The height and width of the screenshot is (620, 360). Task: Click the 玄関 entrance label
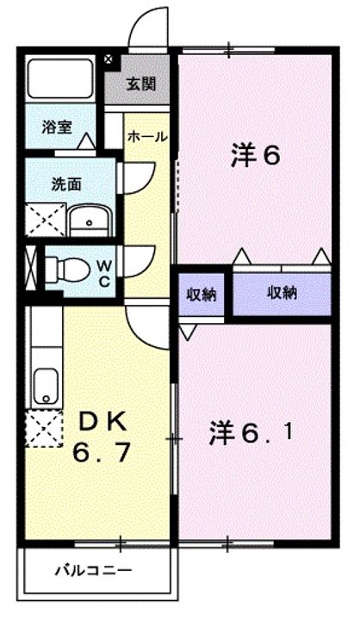pyautogui.click(x=141, y=84)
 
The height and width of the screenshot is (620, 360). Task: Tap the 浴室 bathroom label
pyautogui.click(x=57, y=127)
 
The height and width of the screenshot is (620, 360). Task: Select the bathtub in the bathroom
pyautogui.click(x=60, y=78)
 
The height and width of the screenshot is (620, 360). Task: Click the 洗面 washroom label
pyautogui.click(x=66, y=184)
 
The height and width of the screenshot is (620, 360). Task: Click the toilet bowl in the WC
pyautogui.click(x=66, y=270)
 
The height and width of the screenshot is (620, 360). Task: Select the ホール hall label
pyautogui.click(x=147, y=137)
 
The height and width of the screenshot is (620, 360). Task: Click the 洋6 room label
pyautogui.click(x=256, y=155)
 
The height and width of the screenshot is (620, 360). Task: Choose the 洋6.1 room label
pyautogui.click(x=251, y=433)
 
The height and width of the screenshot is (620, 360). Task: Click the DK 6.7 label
pyautogui.click(x=102, y=436)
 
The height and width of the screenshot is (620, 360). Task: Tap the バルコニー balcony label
pyautogui.click(x=92, y=571)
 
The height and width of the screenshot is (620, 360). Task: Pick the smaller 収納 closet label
pyautogui.click(x=202, y=294)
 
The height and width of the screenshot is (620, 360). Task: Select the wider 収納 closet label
pyautogui.click(x=282, y=293)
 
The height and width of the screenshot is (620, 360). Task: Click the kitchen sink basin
pyautogui.click(x=47, y=387)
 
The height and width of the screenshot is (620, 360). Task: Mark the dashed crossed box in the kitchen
pyautogui.click(x=44, y=429)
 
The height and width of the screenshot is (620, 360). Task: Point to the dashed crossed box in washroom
pyautogui.click(x=45, y=220)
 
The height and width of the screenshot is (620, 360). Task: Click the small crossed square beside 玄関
pyautogui.click(x=108, y=59)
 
